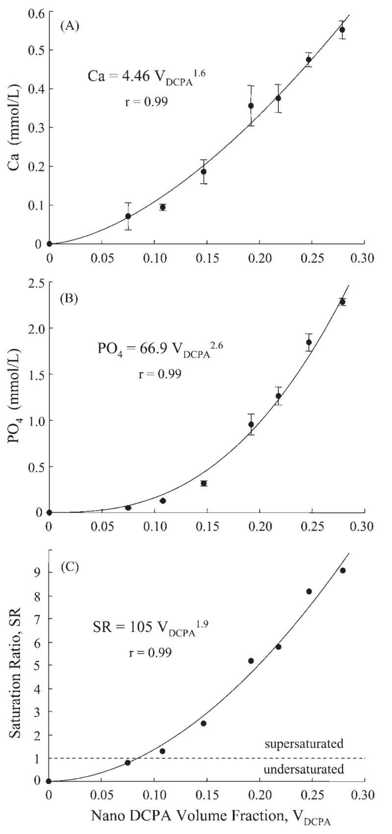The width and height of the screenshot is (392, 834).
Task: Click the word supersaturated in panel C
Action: pos(304,744)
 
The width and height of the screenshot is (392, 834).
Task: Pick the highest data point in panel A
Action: pos(342,30)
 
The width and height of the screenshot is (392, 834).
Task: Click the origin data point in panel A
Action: pos(49,243)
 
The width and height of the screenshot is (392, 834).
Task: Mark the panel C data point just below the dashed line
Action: pos(128,763)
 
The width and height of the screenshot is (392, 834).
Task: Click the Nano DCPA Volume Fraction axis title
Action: pos(211,817)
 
